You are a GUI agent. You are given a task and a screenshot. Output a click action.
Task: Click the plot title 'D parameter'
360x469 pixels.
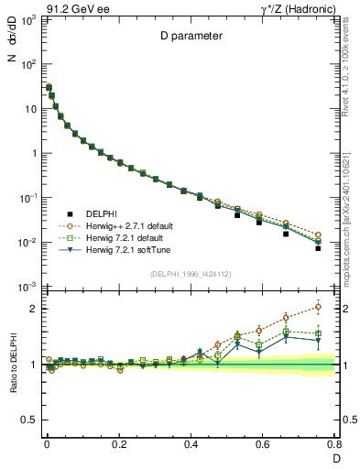pos(189,37)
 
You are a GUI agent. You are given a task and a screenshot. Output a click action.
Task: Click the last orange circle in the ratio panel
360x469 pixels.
pos(318,306)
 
